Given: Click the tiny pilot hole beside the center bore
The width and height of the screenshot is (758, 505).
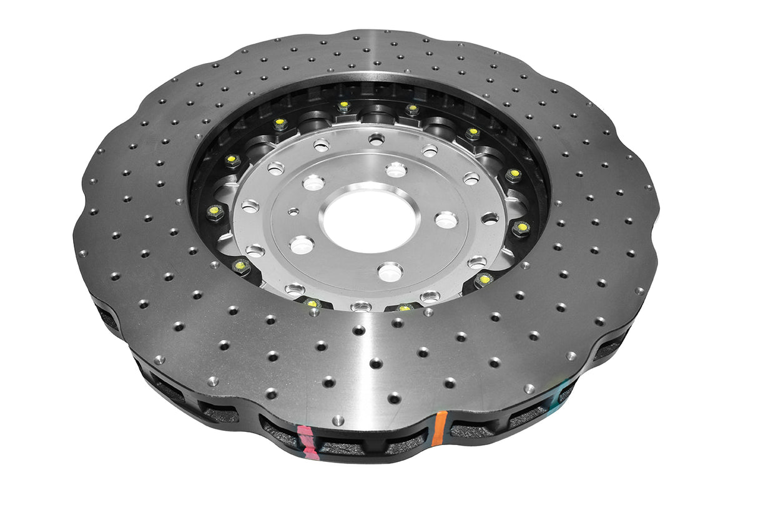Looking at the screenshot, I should (292, 212).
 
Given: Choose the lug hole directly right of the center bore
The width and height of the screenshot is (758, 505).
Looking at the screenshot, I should (446, 219).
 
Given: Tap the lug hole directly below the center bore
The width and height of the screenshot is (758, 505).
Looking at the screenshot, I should (390, 272).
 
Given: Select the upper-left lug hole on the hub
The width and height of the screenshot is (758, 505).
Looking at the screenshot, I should (313, 182).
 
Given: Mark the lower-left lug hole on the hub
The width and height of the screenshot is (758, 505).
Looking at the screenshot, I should (302, 244).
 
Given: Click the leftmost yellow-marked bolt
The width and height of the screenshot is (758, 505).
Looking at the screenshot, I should (214, 212).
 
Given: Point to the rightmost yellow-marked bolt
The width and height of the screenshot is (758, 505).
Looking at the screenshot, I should (520, 228).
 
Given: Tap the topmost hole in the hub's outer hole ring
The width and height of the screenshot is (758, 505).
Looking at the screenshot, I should (376, 139).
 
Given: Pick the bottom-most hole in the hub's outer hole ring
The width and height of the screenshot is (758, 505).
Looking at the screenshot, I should (360, 306).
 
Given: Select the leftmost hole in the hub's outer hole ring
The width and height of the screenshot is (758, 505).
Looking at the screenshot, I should (250, 205).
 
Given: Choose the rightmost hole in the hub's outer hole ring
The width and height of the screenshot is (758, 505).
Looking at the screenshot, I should (491, 218).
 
